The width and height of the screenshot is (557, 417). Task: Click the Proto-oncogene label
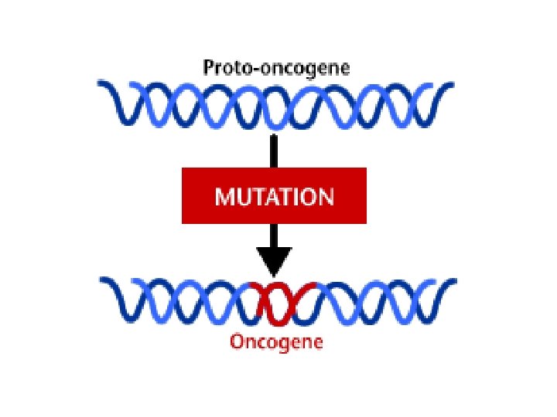tap(276, 68)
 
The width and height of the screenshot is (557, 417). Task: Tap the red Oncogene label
tap(276, 341)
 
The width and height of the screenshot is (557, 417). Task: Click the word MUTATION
tap(275, 197)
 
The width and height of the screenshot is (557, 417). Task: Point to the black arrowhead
tap(273, 261)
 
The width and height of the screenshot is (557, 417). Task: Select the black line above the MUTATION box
tap(273, 151)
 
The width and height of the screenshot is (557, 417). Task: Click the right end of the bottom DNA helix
tap(450, 287)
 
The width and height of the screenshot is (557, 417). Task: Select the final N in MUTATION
tap(326, 197)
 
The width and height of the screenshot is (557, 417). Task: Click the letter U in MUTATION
tap(241, 197)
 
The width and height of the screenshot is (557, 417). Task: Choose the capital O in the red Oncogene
tap(237, 341)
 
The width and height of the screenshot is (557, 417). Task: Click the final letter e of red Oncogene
tap(318, 342)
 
